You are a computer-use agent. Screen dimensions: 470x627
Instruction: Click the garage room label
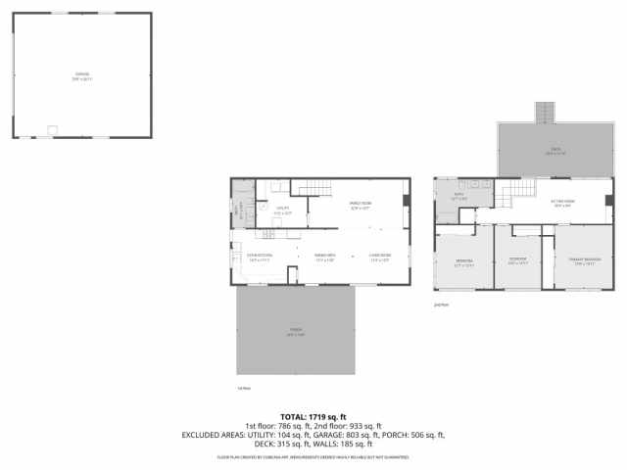point(81,75)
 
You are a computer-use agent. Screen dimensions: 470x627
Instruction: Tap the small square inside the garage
point(53,128)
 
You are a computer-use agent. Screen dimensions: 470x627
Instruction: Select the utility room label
point(282,210)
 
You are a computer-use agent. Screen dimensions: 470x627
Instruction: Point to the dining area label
point(325,258)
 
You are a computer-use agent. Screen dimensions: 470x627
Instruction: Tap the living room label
point(380,258)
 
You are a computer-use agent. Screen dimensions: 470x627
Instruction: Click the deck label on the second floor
point(555,152)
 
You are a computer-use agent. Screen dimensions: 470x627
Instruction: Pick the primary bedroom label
point(585,261)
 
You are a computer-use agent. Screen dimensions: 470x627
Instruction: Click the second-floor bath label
point(458,199)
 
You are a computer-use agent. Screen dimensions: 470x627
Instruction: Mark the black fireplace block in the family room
point(407,201)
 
